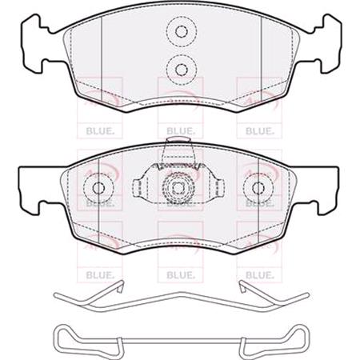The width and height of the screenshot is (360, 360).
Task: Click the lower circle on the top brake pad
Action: [x=180, y=66]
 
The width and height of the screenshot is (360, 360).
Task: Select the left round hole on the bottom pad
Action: [x=100, y=189]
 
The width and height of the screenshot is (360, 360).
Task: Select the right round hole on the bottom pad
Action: [x=259, y=189]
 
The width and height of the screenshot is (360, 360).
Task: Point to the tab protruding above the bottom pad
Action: [x=180, y=150]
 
